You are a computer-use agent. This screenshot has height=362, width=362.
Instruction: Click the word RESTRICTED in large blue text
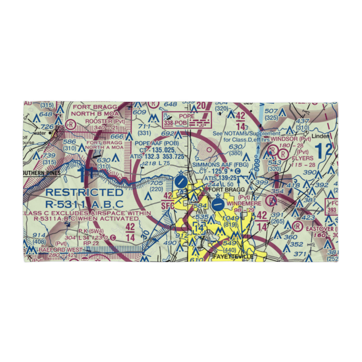point(84,192)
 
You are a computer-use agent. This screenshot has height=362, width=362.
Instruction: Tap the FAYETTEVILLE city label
point(233,257)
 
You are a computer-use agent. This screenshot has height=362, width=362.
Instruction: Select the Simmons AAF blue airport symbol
point(218,205)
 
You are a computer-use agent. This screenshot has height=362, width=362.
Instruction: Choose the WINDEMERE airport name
point(244,204)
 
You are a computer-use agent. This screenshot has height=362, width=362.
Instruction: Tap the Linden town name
point(321,136)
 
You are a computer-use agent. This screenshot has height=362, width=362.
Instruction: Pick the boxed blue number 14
point(199,228)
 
